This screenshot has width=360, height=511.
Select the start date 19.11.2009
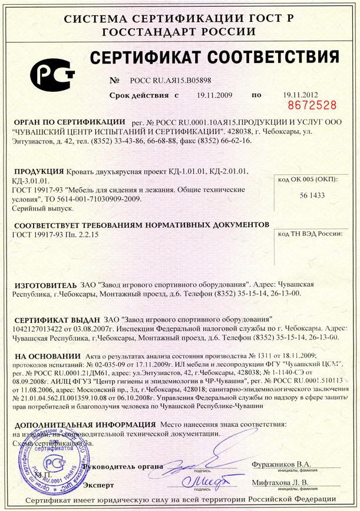pos(215,95)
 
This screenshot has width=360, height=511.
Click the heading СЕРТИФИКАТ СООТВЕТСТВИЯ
pos(213,58)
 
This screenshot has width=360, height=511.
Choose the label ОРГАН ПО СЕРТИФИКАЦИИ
pos(70,121)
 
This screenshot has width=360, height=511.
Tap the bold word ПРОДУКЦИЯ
pos(39,171)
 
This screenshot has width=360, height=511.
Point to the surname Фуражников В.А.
pos(280,464)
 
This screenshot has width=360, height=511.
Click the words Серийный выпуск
pos(42,208)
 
